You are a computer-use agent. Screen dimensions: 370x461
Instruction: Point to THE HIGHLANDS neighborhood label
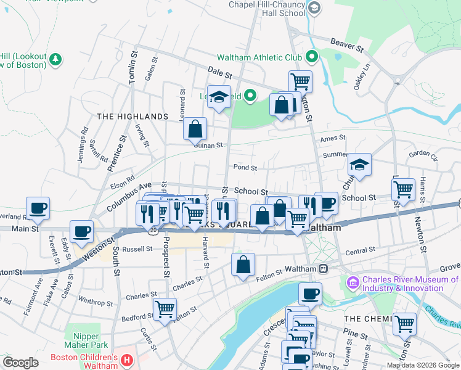tap(133, 117)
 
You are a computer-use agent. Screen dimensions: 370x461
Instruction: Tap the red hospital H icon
tap(126, 359)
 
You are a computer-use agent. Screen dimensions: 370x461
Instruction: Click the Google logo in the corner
tap(20, 362)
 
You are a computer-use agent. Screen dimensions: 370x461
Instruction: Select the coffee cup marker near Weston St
tap(81, 231)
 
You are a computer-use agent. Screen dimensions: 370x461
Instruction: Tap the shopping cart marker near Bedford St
tap(165, 308)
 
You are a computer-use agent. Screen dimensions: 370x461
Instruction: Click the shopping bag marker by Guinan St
tap(195, 129)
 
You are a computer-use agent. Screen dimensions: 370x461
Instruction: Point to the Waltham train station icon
tap(322, 269)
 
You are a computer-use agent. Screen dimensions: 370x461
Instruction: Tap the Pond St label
tap(245, 167)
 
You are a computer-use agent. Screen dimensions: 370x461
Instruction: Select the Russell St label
tap(137, 249)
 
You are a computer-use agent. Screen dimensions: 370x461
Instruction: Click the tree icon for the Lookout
tap(56, 59)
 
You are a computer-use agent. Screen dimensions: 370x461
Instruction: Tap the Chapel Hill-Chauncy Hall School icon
tap(314, 7)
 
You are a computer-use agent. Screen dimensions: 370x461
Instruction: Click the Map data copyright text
tap(422, 365)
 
